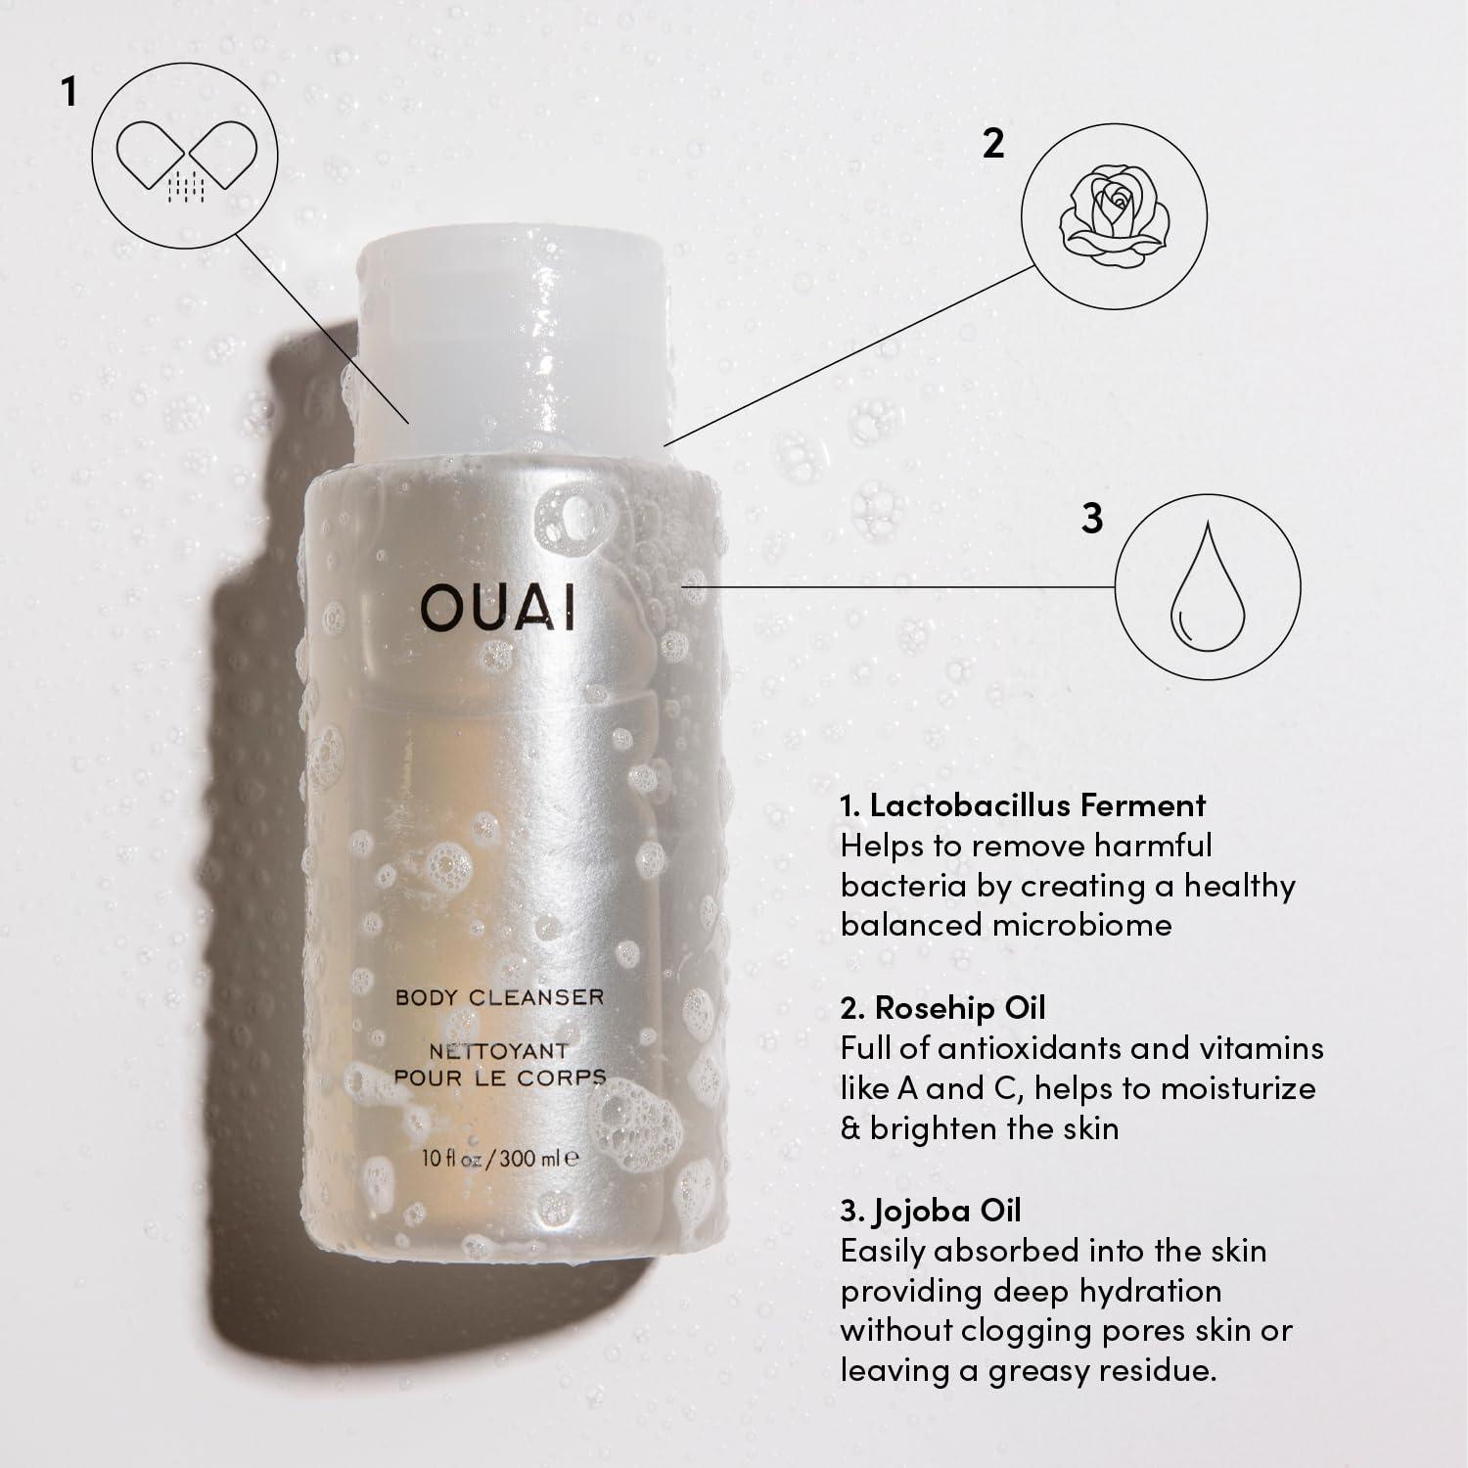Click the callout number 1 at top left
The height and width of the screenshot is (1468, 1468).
tap(68, 92)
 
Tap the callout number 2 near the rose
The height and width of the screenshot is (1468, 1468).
tap(992, 144)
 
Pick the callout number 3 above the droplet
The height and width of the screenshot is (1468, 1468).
tap(1091, 519)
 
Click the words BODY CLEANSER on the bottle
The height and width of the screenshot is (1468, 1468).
tap(499, 997)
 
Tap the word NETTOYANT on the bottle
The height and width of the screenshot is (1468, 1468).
tap(499, 1051)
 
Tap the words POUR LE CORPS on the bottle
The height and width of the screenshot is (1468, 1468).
tap(499, 1078)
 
